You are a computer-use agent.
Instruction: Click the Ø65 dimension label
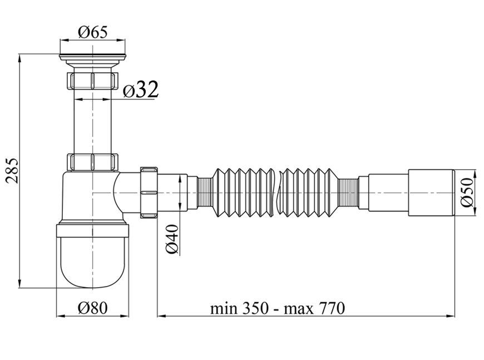[x=92, y=32]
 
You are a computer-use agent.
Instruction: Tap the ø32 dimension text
[x=141, y=90]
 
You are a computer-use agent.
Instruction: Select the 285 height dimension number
[x=13, y=170]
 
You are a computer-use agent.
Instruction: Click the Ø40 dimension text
[x=173, y=239]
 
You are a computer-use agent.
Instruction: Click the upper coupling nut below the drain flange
[x=92, y=81]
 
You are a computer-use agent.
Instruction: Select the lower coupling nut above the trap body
[x=92, y=162]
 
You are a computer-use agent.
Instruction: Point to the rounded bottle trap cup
[x=92, y=257]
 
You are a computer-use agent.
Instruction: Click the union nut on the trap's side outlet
[x=149, y=192]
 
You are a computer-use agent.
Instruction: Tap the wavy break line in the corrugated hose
[x=278, y=192]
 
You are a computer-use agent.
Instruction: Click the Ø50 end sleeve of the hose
[x=431, y=193]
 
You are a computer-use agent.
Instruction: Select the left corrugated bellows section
[x=243, y=192]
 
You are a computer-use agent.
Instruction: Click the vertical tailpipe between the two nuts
[x=92, y=121]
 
